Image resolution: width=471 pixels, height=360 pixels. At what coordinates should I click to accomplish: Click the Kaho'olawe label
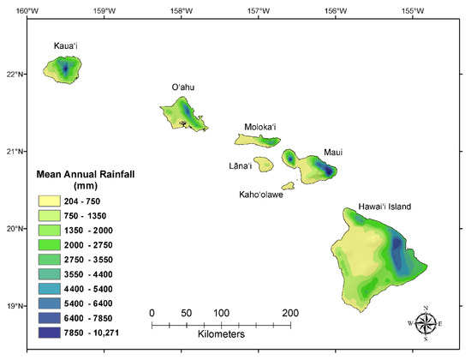tap(261, 195)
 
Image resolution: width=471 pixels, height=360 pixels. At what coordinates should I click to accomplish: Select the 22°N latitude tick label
tap(15, 74)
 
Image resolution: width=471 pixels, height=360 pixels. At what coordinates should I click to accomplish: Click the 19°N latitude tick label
tap(15, 305)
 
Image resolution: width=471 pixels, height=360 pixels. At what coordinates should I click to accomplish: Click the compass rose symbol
tap(426, 323)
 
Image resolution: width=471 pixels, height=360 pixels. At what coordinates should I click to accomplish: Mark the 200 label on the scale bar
tap(290, 312)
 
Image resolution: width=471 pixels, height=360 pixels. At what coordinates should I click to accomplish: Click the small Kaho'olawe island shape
tap(276, 182)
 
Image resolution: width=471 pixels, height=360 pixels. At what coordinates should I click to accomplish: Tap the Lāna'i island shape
tap(263, 162)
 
